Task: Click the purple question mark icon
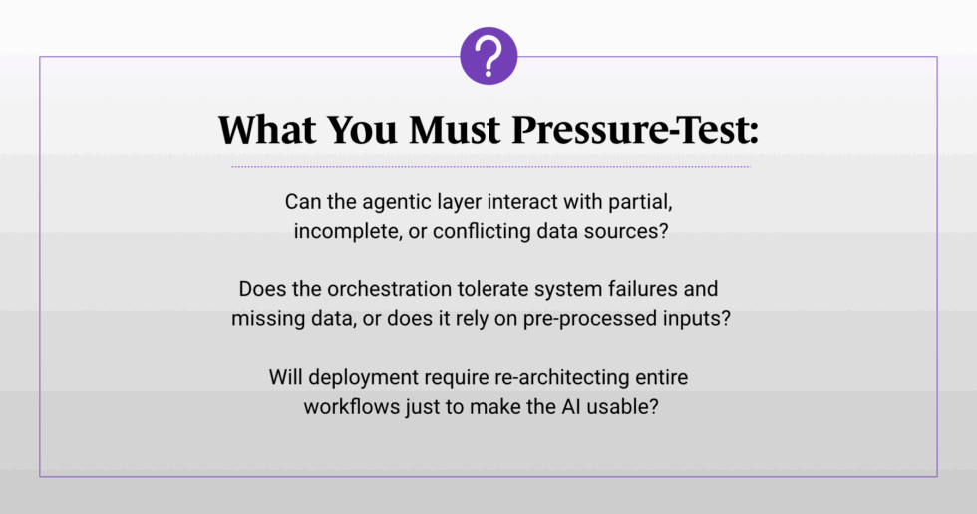pyautogui.click(x=488, y=56)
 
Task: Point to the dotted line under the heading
pyautogui.click(x=490, y=167)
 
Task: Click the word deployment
pyautogui.click(x=363, y=378)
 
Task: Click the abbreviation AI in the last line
pyautogui.click(x=571, y=407)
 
